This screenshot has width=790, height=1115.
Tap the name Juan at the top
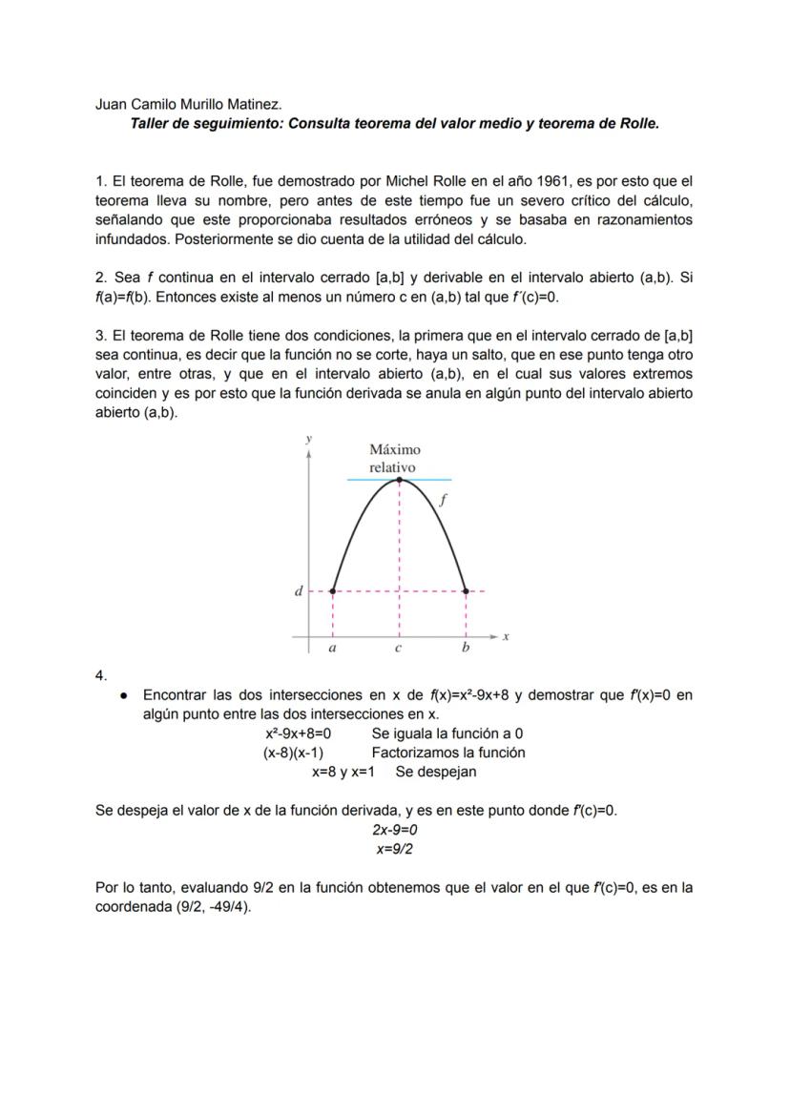(x=112, y=104)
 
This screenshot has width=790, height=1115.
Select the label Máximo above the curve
(x=394, y=449)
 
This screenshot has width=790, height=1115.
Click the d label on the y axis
(x=299, y=591)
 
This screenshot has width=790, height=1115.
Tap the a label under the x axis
(x=332, y=649)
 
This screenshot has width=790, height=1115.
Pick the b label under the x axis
(x=466, y=649)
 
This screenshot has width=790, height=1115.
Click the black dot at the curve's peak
(x=399, y=480)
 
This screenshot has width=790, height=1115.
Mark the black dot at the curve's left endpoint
(x=332, y=591)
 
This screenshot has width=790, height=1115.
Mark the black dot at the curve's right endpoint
(x=466, y=591)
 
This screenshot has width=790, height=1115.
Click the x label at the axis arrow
(x=505, y=636)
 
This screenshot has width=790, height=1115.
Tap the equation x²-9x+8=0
(x=298, y=733)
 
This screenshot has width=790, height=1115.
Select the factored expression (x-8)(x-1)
(x=293, y=753)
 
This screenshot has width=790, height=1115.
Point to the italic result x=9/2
(x=394, y=849)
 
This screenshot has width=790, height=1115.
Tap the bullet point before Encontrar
(x=124, y=695)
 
